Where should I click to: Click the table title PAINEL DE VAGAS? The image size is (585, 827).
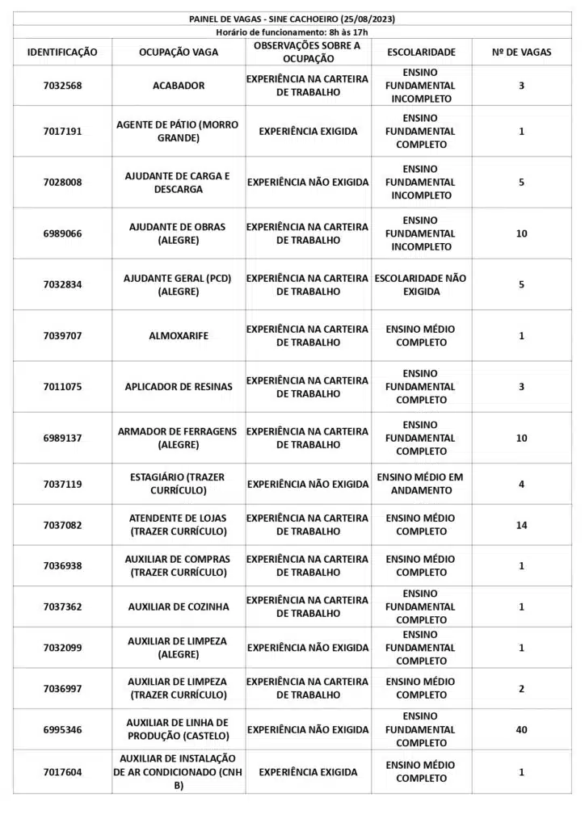(x=292, y=19)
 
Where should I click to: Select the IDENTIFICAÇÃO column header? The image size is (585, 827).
(x=62, y=52)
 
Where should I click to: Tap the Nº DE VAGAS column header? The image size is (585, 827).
(x=521, y=52)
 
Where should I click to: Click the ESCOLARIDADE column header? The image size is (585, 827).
(x=421, y=52)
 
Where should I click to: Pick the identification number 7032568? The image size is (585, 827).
(x=62, y=86)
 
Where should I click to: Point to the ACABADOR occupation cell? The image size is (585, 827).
(x=179, y=86)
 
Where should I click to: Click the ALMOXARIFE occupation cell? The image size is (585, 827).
(x=179, y=335)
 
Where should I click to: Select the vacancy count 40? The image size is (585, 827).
(x=521, y=729)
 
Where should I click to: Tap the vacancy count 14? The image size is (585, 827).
(x=521, y=525)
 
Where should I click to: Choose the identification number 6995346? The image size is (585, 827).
(x=62, y=729)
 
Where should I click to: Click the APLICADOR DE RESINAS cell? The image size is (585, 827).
(x=179, y=387)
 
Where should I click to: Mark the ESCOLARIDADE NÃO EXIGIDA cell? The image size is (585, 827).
(x=421, y=284)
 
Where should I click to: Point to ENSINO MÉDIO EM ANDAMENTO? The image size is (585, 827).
(x=421, y=484)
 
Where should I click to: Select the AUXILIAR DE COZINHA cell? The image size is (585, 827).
(x=179, y=607)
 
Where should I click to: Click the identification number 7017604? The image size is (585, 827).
(x=62, y=772)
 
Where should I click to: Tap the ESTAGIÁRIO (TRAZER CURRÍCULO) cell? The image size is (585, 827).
(x=179, y=484)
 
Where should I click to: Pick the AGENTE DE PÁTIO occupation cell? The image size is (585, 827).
(x=179, y=131)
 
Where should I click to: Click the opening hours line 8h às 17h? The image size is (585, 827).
(x=292, y=31)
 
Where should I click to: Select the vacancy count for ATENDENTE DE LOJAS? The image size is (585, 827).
(x=521, y=525)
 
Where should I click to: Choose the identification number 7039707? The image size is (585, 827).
(x=62, y=335)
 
